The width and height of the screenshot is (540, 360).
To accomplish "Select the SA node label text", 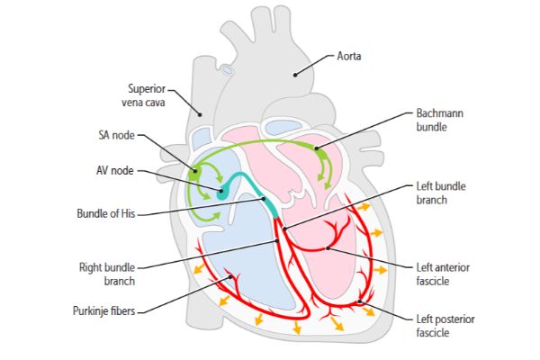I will (117, 136).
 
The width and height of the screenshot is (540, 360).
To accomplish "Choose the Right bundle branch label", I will (107, 274).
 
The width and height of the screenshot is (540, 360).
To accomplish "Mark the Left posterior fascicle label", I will (443, 326).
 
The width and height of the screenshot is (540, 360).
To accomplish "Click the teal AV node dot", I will (221, 193).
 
